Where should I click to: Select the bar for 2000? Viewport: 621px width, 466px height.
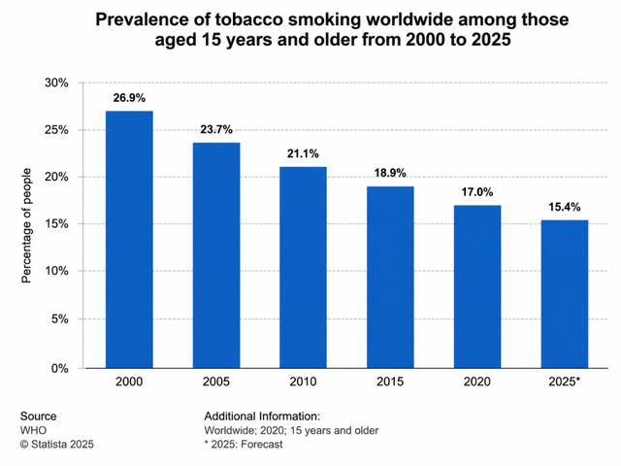[129, 240]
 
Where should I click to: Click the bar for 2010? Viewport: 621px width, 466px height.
[303, 268]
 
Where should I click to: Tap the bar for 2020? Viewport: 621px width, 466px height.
[477, 287]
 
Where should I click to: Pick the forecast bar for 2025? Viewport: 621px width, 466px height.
[565, 294]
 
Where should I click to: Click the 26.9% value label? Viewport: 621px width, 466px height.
[129, 98]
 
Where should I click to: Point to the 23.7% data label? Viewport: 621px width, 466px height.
[216, 129]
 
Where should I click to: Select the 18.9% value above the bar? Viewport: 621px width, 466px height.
[390, 173]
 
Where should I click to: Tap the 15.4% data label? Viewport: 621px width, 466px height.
[565, 207]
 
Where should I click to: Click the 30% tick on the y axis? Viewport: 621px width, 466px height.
[56, 83]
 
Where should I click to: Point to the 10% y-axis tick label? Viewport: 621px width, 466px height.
[56, 271]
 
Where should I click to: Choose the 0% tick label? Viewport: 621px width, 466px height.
[59, 369]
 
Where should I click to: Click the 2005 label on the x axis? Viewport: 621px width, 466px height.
[216, 382]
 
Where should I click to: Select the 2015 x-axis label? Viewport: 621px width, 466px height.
[390, 382]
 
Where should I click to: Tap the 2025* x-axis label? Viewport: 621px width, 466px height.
[565, 382]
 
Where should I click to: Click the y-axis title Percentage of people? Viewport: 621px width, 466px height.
[26, 225]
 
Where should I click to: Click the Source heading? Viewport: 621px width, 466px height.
[39, 416]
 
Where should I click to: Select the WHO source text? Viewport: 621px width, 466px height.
[33, 430]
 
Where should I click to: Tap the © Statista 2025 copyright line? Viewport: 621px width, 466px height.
[57, 445]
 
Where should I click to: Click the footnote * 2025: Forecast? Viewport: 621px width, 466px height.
[244, 445]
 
